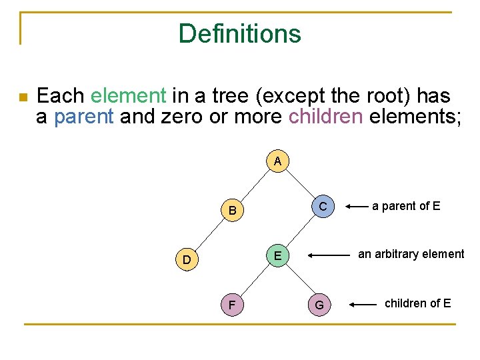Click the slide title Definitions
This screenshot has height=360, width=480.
pos(239,33)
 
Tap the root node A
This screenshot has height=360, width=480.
pos(277,161)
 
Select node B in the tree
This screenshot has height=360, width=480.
pos(232,211)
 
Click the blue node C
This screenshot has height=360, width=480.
pos(323,207)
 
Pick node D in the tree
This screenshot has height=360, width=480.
pos(187,259)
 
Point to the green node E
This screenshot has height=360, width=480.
pos(277,255)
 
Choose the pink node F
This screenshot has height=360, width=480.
pos(232,305)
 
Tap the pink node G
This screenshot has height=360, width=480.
pos(319,305)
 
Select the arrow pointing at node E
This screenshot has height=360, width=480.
pos(329,255)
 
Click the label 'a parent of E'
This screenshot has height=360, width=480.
pos(406,206)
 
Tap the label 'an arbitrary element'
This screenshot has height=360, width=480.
pos(411,254)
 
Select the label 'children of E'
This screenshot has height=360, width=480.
pos(417,303)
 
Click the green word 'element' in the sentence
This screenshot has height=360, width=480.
pos(128,96)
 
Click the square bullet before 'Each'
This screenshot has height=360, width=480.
pos(23,97)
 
